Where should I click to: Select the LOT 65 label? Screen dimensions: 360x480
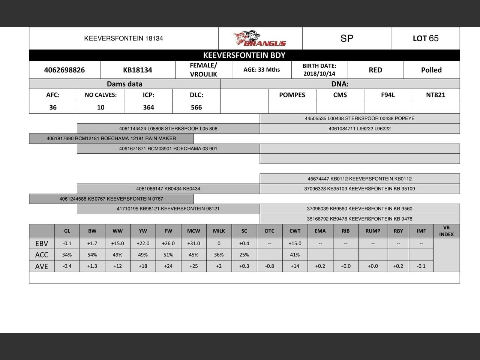[x=426, y=38]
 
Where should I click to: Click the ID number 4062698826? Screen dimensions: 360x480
[x=64, y=70]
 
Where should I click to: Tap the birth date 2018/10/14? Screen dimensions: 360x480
[x=319, y=73]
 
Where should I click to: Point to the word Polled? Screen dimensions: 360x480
[x=431, y=70]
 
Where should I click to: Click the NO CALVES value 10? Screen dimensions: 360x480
[x=100, y=107]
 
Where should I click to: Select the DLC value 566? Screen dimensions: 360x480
[x=196, y=107]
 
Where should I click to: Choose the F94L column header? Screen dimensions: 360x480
[x=388, y=95]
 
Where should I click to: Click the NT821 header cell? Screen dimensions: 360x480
[x=435, y=95]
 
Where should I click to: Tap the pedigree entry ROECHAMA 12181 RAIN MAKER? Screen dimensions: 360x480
[x=111, y=138]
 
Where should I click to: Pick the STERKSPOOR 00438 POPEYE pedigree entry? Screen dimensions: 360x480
[x=359, y=118]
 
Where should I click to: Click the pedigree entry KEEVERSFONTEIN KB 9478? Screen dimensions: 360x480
[x=359, y=219]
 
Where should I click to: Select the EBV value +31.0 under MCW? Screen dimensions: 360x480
[x=193, y=243]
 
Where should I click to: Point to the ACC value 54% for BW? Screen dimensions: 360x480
[x=92, y=255]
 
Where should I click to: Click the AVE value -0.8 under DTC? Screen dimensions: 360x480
[x=270, y=266]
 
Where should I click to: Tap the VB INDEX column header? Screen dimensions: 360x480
[x=446, y=231]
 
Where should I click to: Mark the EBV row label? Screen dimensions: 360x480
[x=42, y=243]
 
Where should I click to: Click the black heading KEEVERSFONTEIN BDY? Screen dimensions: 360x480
[x=244, y=55]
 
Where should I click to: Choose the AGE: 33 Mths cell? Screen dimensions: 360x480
[x=261, y=70]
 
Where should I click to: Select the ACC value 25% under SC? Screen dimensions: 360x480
[x=244, y=255]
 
